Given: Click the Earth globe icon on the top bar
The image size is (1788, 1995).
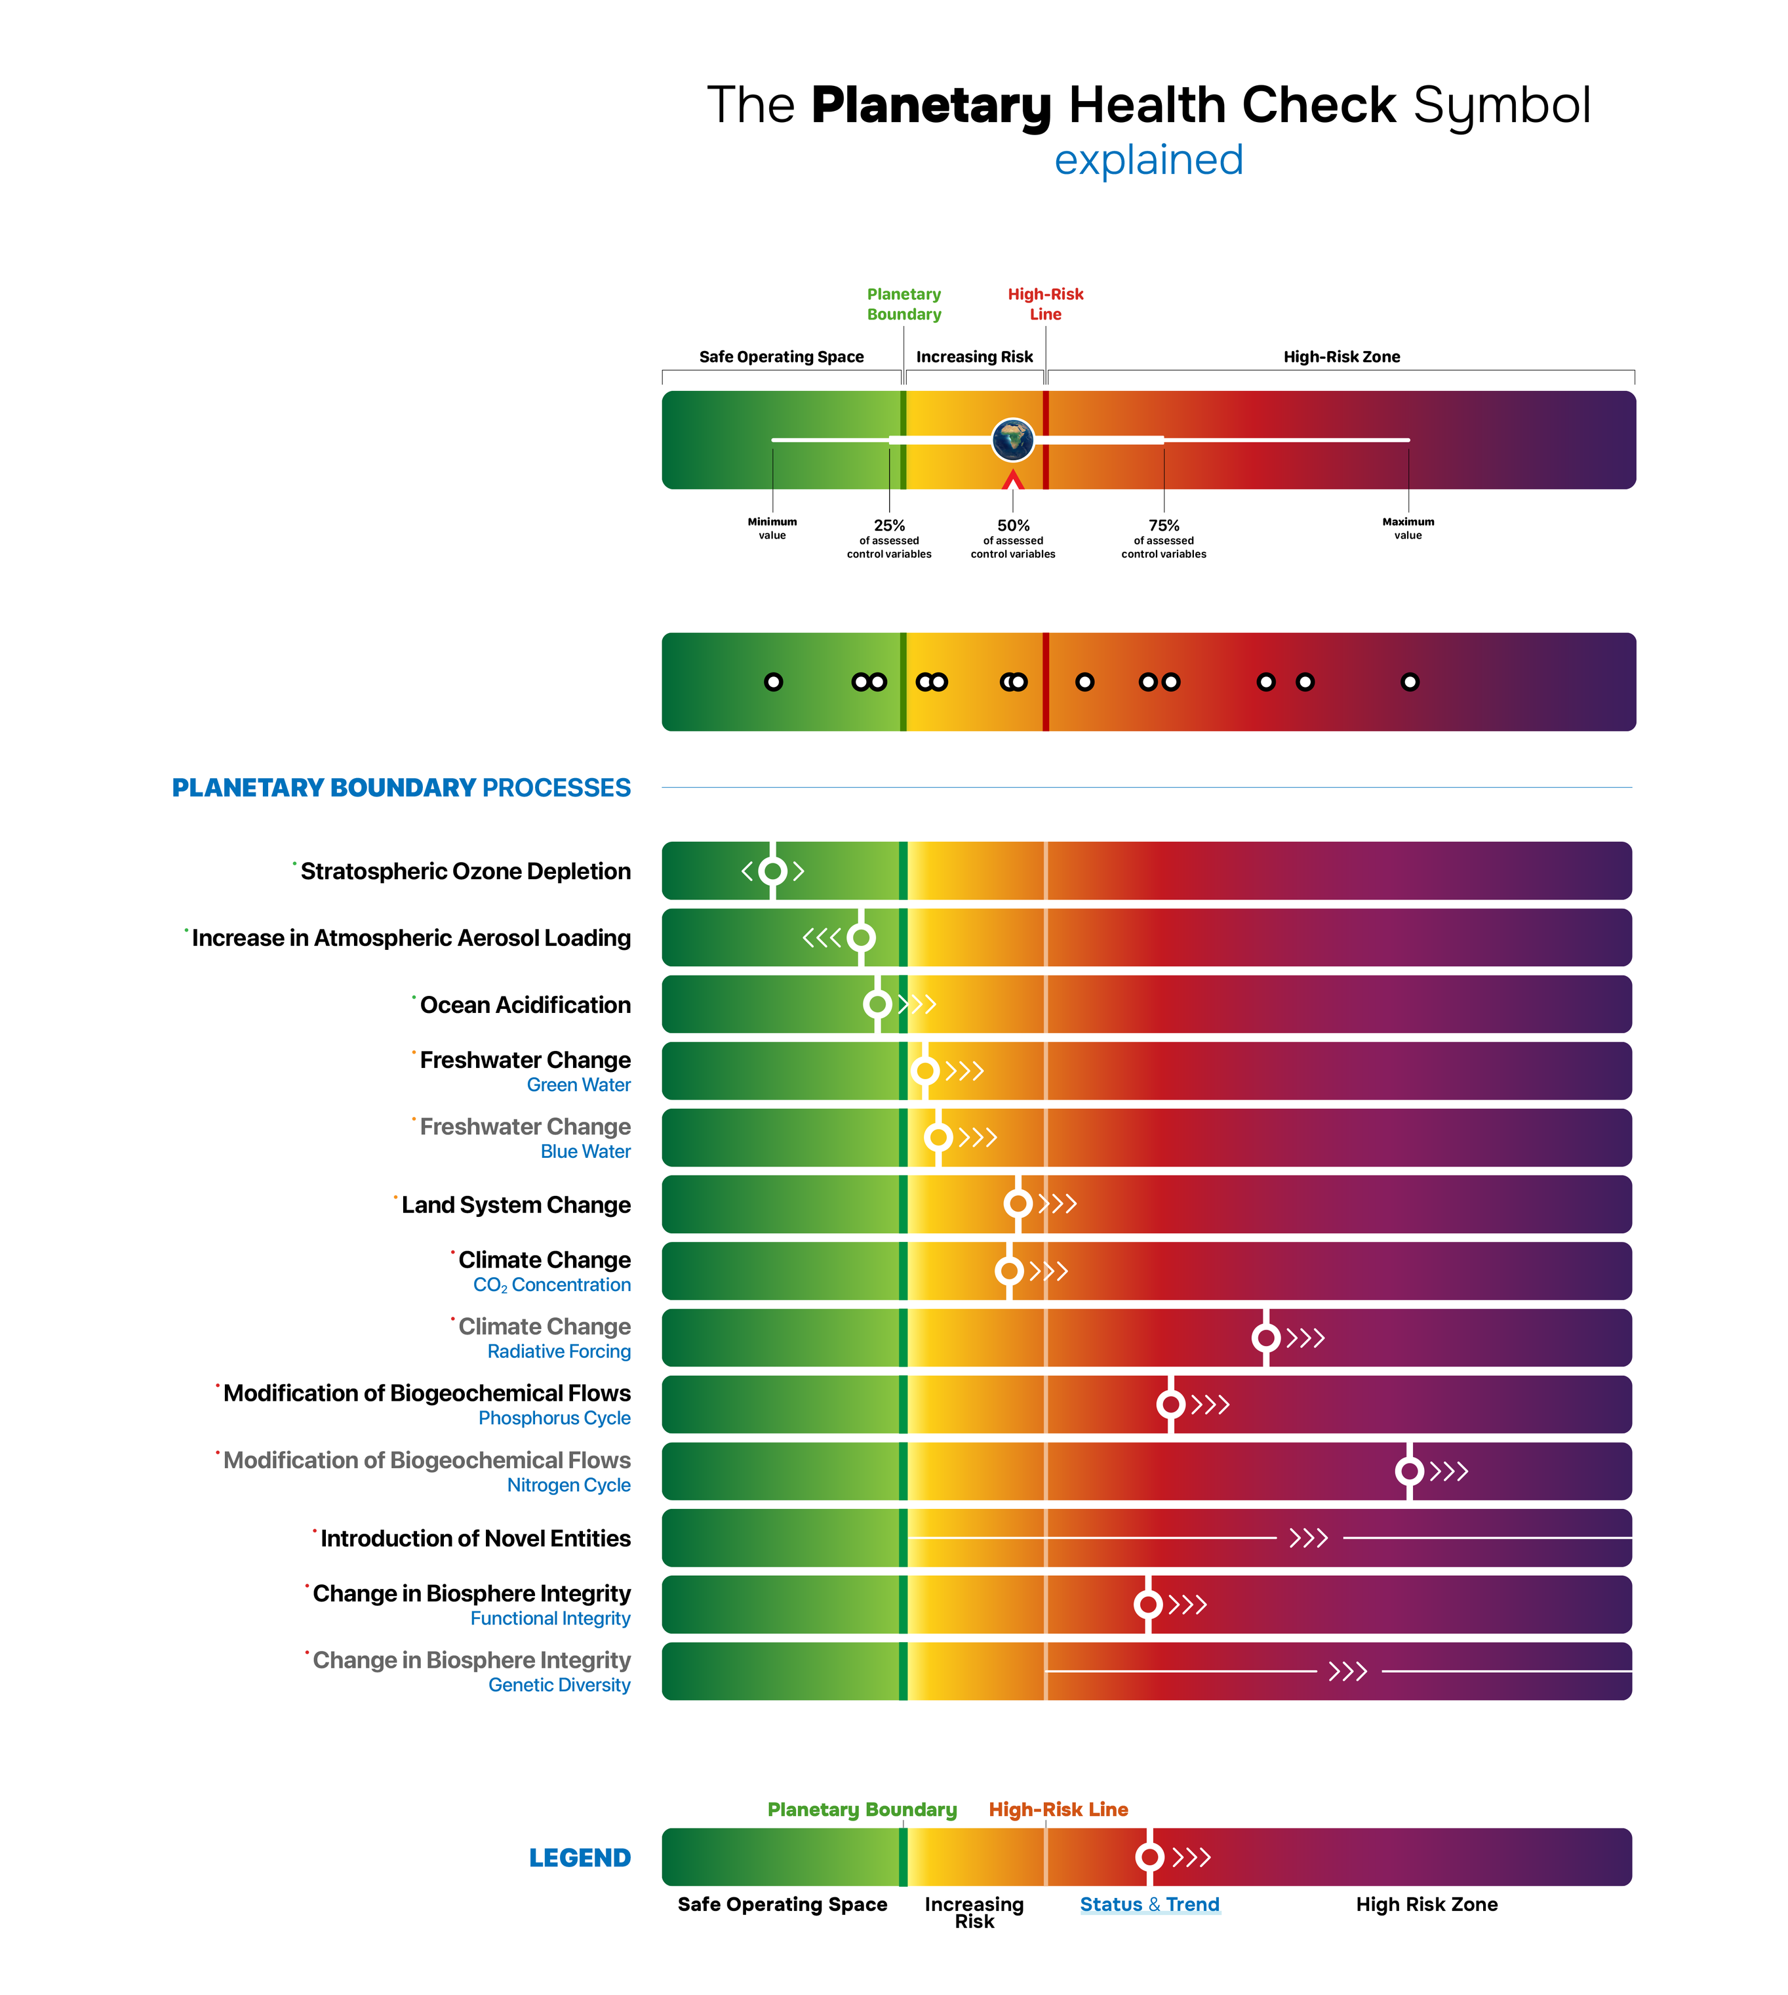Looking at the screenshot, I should pyautogui.click(x=1013, y=440).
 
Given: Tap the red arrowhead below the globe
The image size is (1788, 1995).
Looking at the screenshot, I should pyautogui.click(x=1013, y=480).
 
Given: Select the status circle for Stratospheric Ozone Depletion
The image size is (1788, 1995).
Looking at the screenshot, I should pyautogui.click(x=773, y=871).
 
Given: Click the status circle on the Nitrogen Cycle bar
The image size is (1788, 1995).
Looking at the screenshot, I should pyautogui.click(x=1410, y=1471).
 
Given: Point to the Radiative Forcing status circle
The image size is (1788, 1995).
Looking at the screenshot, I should pyautogui.click(x=1266, y=1338).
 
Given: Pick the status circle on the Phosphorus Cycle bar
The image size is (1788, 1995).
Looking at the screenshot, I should pyautogui.click(x=1170, y=1405).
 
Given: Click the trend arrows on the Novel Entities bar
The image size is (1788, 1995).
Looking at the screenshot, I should pyautogui.click(x=1309, y=1538).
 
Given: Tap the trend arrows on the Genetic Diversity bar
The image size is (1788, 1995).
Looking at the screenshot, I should pyautogui.click(x=1348, y=1672).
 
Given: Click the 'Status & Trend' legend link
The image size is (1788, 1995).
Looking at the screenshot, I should pyautogui.click(x=1149, y=1904).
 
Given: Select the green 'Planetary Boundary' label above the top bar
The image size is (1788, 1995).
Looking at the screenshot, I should pyautogui.click(x=904, y=304).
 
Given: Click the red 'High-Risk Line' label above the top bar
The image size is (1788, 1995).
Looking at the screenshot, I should pyautogui.click(x=1045, y=304).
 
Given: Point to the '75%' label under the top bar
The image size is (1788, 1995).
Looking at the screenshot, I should pyautogui.click(x=1164, y=525).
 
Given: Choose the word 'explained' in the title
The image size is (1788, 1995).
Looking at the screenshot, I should pyautogui.click(x=1149, y=160).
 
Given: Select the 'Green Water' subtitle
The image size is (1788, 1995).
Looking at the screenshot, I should pyautogui.click(x=579, y=1085).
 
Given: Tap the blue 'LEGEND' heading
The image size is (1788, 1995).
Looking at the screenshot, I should pyautogui.click(x=580, y=1857).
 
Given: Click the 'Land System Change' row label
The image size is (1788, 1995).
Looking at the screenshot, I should pyautogui.click(x=516, y=1205).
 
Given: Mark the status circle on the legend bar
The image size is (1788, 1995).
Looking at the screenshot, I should pyautogui.click(x=1149, y=1857).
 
